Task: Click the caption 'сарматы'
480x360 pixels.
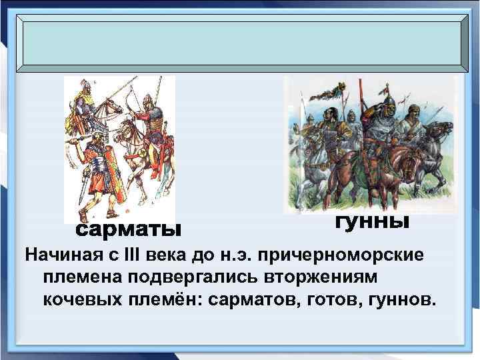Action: tap(127, 230)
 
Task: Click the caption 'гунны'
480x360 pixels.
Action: tap(371, 221)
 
